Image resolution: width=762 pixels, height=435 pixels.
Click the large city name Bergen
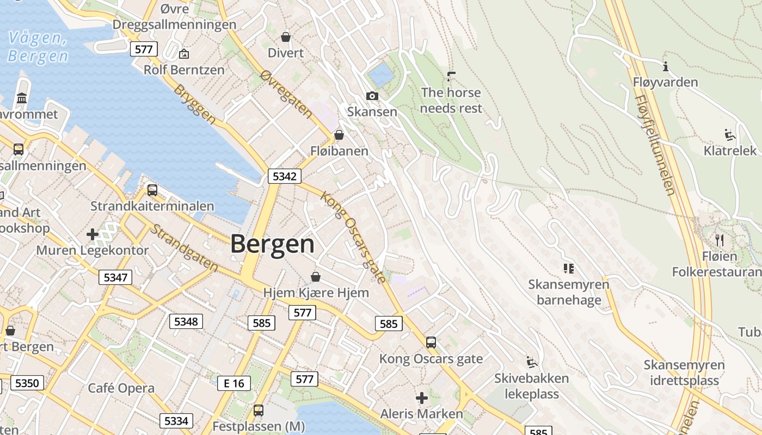(x=272, y=244)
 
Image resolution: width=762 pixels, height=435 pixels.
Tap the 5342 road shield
(x=284, y=176)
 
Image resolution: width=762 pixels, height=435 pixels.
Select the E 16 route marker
(x=234, y=383)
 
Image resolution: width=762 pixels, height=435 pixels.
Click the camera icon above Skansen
(x=372, y=96)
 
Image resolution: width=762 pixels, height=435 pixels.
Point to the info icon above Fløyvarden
(x=665, y=67)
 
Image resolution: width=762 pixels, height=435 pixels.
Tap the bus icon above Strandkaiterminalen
(x=152, y=190)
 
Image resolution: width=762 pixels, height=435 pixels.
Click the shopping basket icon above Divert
(x=286, y=37)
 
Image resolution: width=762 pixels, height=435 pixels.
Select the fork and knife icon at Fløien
(x=719, y=239)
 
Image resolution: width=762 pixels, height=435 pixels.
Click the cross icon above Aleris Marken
(x=422, y=398)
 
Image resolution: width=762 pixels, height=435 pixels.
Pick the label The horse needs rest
(x=451, y=101)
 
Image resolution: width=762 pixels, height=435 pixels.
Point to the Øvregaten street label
(x=286, y=94)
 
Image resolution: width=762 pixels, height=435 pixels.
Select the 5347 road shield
(x=115, y=277)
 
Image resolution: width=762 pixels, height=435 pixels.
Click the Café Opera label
(x=121, y=388)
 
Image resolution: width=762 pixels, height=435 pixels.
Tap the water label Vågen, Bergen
(x=38, y=47)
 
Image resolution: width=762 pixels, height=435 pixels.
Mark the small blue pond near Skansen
(x=380, y=74)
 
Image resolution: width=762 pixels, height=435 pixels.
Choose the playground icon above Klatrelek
(x=730, y=135)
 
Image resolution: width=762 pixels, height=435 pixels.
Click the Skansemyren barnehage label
(x=569, y=292)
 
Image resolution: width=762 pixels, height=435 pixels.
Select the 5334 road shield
(x=176, y=420)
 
